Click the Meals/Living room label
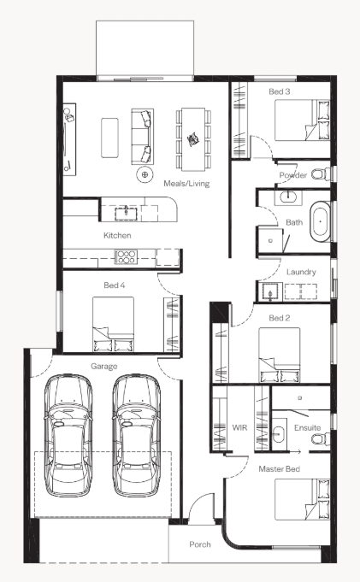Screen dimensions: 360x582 pos(186,184)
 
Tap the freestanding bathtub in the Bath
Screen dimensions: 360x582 pos(320,221)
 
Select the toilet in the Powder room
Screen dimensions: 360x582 pos(321,174)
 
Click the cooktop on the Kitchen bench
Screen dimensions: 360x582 pos(126,257)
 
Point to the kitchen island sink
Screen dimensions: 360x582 pos(126,214)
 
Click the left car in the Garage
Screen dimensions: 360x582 pos(68,435)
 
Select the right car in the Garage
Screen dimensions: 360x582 pos(136,435)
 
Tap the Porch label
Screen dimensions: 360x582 pos(200,544)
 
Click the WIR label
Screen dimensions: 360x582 pos(239,427)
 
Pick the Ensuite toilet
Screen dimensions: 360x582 pos(321,439)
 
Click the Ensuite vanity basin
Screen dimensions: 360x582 pos(279,433)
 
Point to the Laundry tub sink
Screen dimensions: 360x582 pos(270,291)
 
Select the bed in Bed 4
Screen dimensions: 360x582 pos(113,324)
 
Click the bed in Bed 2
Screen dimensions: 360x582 pos(280,355)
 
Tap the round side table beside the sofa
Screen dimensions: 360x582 pos(145,174)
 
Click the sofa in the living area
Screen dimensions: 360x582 pos(142,136)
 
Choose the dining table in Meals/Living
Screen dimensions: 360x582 pos(193,139)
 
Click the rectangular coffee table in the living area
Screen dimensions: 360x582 pos(110,138)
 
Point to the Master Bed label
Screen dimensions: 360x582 pos(279,469)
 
